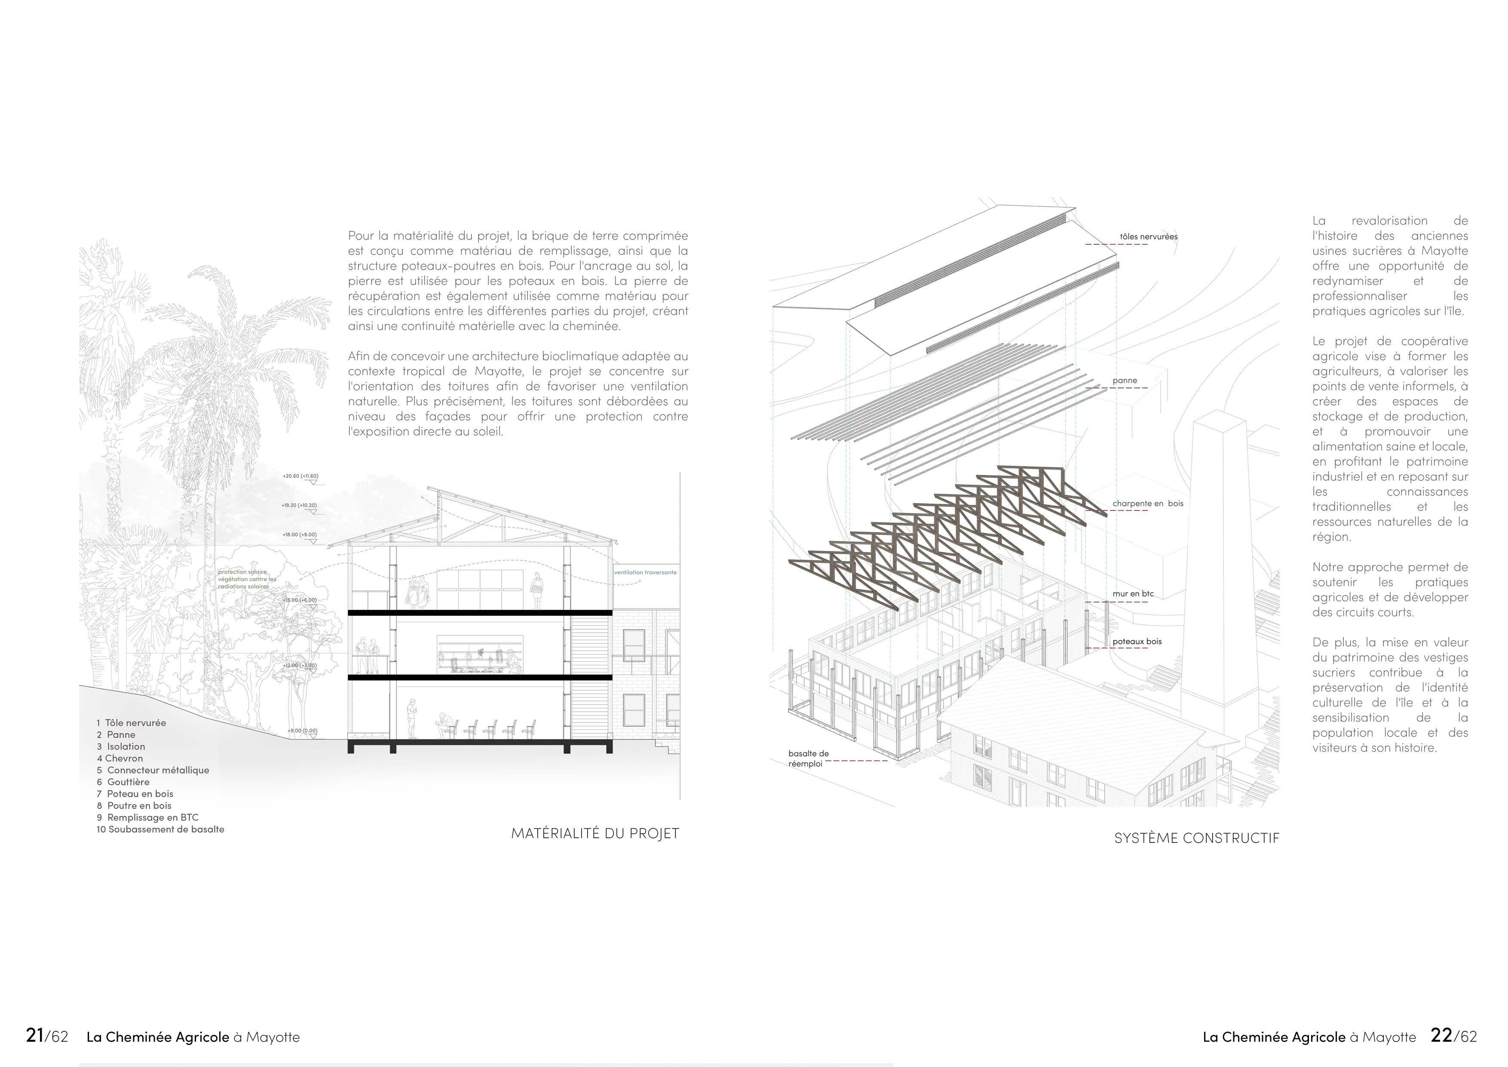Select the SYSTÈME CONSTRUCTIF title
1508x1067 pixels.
(1197, 838)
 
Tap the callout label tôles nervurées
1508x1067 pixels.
(1149, 237)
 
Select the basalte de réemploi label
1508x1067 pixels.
(809, 759)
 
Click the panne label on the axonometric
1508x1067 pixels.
(1125, 381)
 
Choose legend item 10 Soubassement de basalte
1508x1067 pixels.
(160, 829)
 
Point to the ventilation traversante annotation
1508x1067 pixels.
(645, 572)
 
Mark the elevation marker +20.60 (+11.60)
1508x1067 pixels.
(300, 476)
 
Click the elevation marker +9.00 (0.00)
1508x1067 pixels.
(302, 731)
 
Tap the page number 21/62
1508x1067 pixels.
(46, 1036)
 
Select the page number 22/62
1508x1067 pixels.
(1453, 1036)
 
